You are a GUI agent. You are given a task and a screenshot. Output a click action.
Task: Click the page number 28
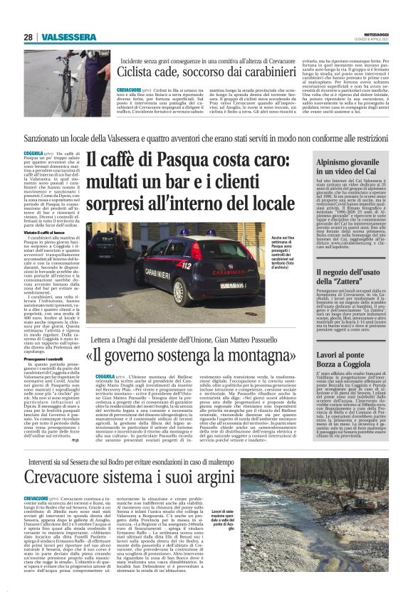[x=28, y=37]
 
